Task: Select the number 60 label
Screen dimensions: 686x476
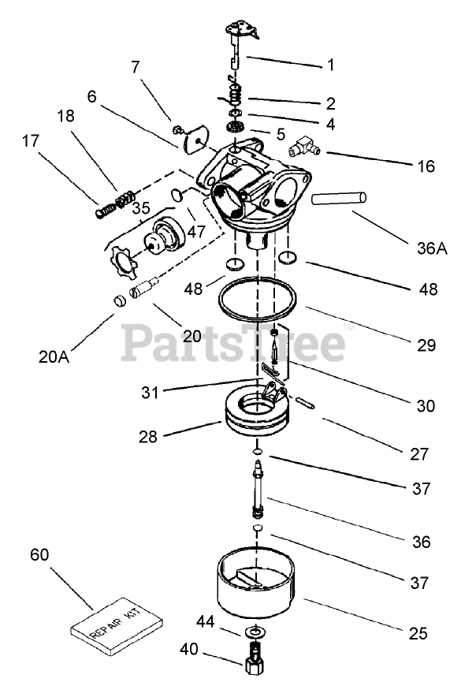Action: (39, 554)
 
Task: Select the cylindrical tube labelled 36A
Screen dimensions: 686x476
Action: (340, 197)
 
